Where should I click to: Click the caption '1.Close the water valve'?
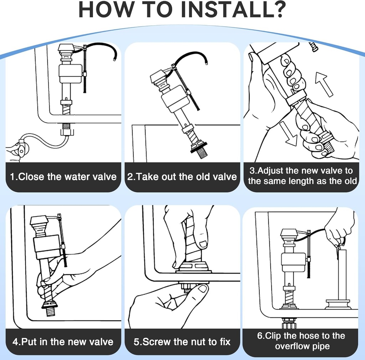tap(63, 177)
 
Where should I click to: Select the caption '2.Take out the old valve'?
tap(182, 177)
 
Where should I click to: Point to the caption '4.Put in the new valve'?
tap(63, 342)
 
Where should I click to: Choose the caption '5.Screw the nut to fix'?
tap(182, 342)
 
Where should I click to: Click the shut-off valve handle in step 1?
tap(21, 149)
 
